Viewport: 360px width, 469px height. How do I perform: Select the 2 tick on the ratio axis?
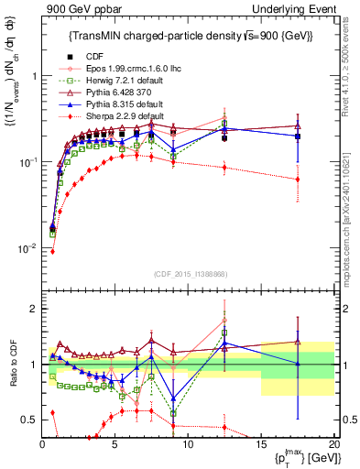pos(33,309)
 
